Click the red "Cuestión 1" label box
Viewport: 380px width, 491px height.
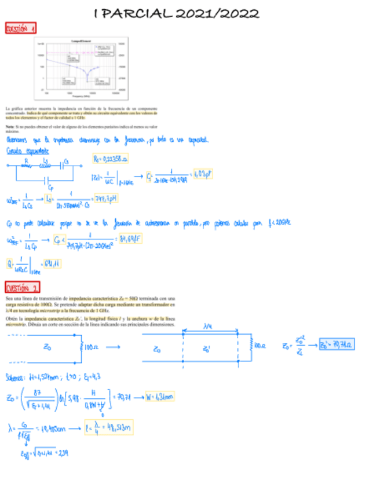(21, 28)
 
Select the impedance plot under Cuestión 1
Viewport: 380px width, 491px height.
(83, 67)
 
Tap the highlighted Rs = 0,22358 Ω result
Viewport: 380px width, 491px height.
(110, 159)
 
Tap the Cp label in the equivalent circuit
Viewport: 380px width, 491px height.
(51, 186)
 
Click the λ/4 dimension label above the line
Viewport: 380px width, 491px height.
(210, 327)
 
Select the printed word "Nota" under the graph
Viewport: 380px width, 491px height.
(9, 126)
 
